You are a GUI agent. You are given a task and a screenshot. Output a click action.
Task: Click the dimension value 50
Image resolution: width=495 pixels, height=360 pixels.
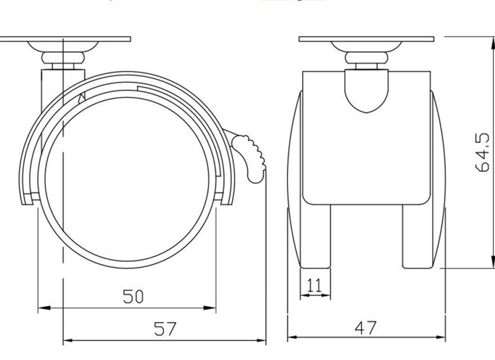[x=133, y=297]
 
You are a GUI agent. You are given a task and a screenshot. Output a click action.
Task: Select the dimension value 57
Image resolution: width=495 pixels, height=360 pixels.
[x=165, y=329]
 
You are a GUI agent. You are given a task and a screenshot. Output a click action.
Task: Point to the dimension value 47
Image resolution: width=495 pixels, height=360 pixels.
[x=365, y=328]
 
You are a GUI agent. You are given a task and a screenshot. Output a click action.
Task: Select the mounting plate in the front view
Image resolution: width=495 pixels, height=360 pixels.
[x=366, y=39]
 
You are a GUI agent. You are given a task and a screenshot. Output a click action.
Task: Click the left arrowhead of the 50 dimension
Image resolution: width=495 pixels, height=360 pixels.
[x=42, y=308]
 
